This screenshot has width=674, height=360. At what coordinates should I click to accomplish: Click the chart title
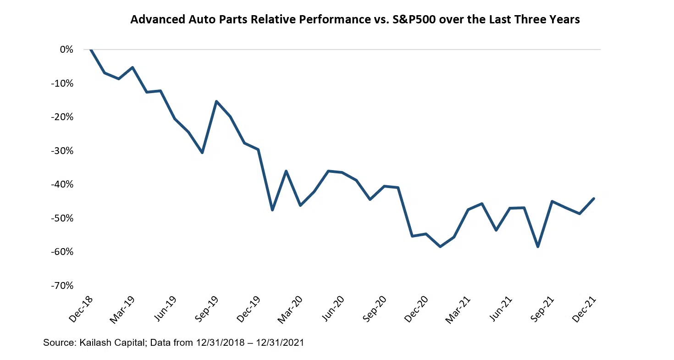[x=355, y=20]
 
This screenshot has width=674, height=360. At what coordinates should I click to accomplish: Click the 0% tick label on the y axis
[x=66, y=50]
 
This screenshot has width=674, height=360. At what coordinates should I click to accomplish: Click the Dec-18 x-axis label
[x=82, y=309]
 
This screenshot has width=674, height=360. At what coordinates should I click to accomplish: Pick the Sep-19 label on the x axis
[x=207, y=309]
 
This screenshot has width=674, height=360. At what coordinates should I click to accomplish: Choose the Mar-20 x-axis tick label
[x=291, y=309]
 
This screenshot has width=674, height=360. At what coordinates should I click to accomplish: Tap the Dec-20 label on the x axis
[x=416, y=309]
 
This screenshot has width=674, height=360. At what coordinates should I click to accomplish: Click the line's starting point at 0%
[x=91, y=50]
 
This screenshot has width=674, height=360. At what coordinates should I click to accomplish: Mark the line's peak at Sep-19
[x=216, y=101]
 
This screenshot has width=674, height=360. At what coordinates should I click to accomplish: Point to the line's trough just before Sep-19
[x=202, y=153]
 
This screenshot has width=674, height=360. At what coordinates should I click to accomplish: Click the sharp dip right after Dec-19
[x=272, y=210]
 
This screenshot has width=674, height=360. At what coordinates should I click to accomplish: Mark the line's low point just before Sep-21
[x=538, y=247]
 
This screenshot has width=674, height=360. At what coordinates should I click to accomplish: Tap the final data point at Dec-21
[x=594, y=199]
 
